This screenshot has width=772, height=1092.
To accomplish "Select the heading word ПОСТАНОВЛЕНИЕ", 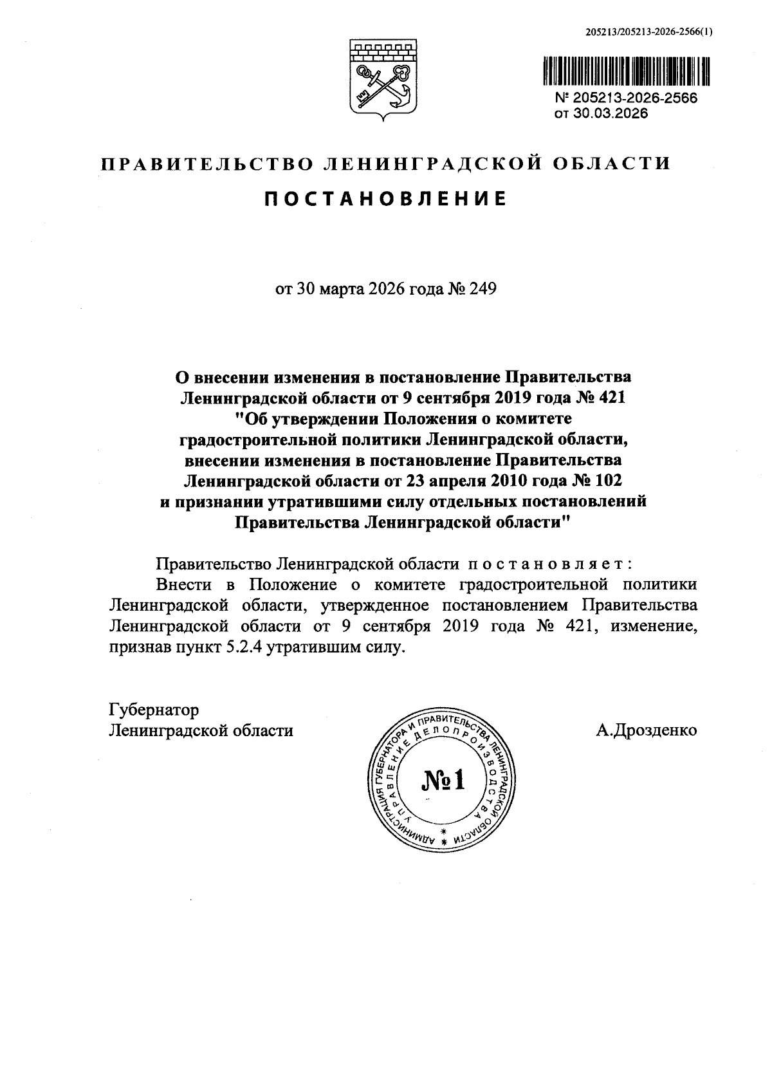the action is tap(385, 199).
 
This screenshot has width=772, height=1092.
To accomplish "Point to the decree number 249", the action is tap(483, 289).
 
